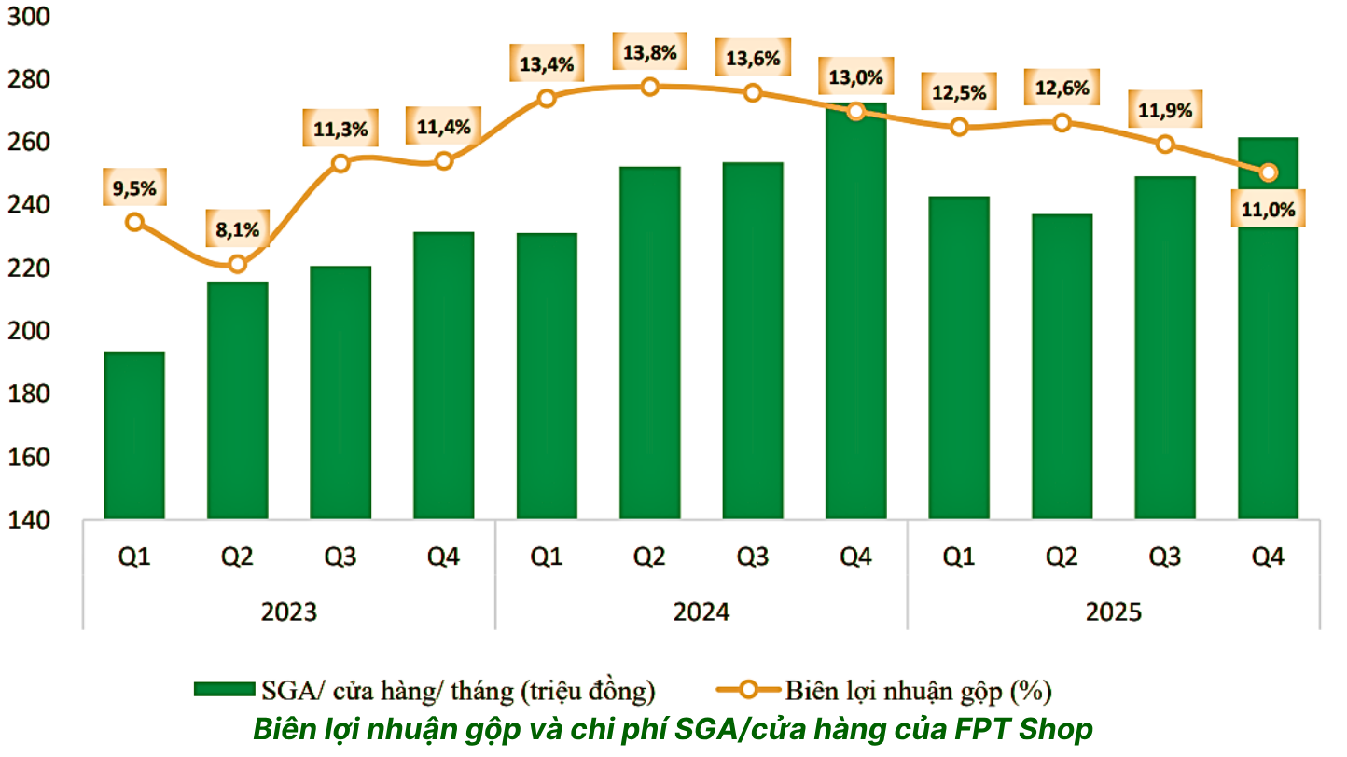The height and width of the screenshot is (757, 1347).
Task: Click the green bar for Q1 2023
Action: pos(134,435)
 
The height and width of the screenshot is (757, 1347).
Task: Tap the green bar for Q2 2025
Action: pos(1062,366)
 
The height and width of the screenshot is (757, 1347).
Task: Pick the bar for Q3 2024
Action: pos(753,340)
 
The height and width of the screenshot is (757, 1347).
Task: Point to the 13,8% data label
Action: pos(650,53)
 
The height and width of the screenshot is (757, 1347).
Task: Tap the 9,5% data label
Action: pos(134,189)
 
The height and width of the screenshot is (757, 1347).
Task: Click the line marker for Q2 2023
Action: pos(237,264)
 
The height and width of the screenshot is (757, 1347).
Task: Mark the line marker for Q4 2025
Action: pos(1268,172)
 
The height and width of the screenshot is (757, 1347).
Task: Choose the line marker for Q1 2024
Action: pos(547,98)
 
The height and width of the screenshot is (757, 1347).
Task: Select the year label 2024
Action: pos(701,612)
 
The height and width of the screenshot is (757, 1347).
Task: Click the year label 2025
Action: pos(1113,612)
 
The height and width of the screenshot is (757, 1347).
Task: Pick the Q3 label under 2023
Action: pos(340,557)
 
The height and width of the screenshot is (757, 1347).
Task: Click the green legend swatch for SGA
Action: pos(224,690)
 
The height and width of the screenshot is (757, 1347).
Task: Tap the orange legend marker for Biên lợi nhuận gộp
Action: pos(748,690)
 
